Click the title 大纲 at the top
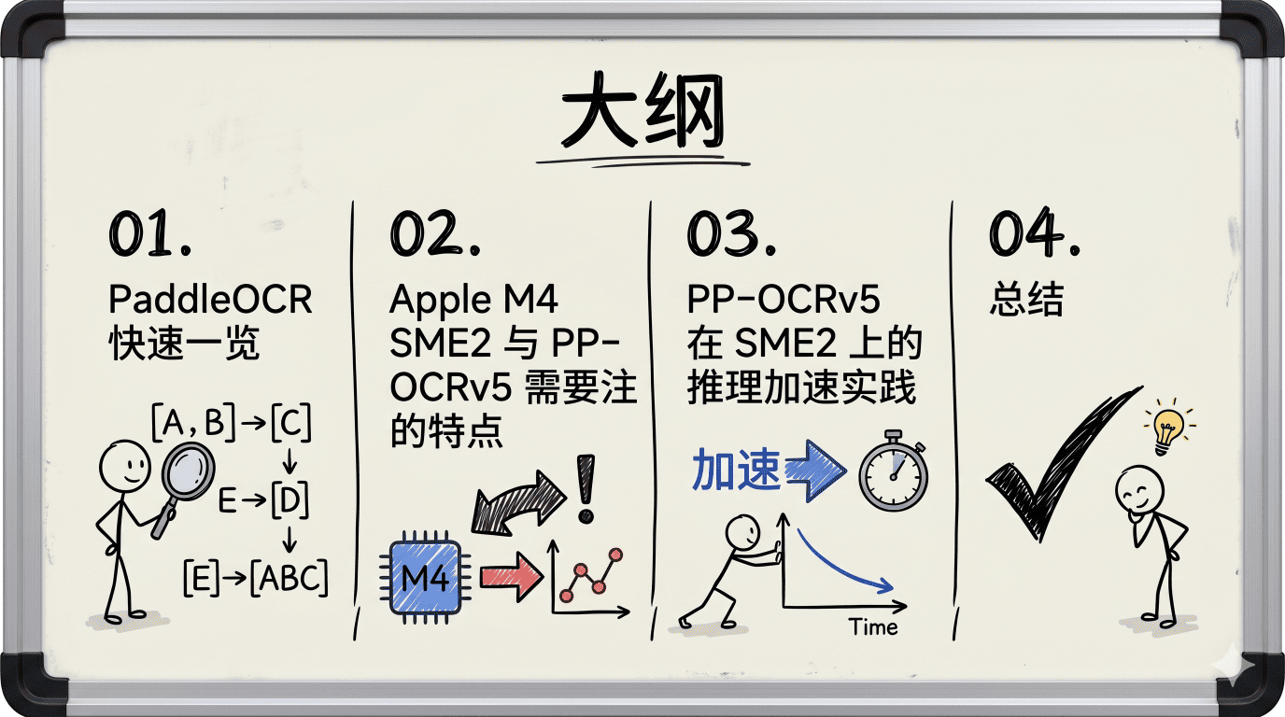coord(642,110)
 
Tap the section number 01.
coord(149,232)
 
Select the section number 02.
coord(435,232)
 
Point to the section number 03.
coord(731,232)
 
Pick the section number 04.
coord(1035,232)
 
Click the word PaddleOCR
coord(210,299)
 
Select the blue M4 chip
coord(425,577)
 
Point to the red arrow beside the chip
coord(511,576)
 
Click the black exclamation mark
coord(586,488)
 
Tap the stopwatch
coord(893,471)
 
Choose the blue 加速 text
coord(736,470)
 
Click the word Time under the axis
coord(873,627)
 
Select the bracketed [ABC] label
coord(289,577)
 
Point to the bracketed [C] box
coord(290,423)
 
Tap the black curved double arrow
coord(517,503)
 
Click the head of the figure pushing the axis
coord(743,532)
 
